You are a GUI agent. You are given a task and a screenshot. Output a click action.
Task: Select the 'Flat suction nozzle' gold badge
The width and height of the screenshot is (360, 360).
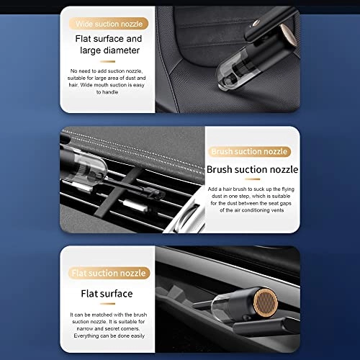[x=110, y=273]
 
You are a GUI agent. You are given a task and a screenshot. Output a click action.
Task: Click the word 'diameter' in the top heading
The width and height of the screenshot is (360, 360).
[x=124, y=51]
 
